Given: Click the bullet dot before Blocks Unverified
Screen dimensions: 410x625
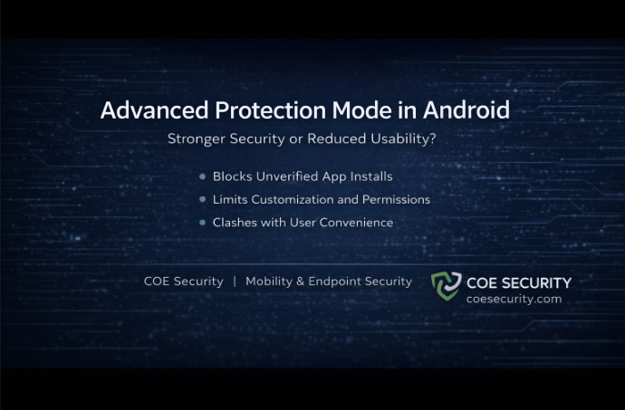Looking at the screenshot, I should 202,176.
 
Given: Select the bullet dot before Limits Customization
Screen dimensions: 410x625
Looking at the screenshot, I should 202,199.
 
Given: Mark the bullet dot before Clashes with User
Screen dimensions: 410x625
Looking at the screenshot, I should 202,223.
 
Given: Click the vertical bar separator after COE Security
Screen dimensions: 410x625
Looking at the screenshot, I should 235,281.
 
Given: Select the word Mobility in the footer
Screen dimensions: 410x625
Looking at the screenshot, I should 269,281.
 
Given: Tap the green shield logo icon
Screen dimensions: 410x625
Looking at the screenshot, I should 446,286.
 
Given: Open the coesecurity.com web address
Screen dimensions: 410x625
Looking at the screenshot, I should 514,299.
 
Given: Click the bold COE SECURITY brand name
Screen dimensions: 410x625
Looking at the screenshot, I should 518,281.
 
